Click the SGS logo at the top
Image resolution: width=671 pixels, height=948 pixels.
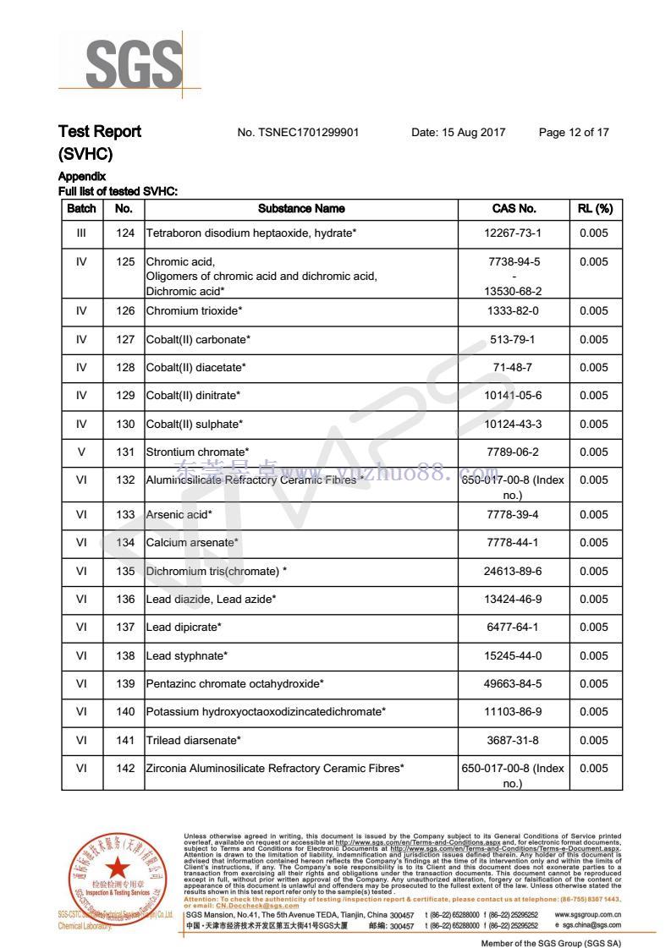click(134, 63)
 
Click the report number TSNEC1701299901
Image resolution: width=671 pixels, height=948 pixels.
click(298, 132)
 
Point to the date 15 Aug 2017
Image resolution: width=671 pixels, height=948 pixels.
click(458, 132)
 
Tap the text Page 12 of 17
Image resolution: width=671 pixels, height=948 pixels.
click(573, 132)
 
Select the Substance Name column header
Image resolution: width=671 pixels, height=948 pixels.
click(301, 209)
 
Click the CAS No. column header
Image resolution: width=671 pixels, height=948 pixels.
click(514, 209)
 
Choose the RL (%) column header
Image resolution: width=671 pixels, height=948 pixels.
click(594, 209)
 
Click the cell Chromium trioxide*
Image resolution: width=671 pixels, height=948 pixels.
click(194, 311)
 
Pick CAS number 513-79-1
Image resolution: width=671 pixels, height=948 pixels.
click(514, 340)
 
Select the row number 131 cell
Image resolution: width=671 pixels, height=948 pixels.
click(124, 452)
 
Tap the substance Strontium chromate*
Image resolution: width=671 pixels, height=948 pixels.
click(197, 452)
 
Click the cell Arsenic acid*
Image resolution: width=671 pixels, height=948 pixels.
click(179, 515)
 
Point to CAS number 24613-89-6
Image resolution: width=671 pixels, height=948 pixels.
click(514, 572)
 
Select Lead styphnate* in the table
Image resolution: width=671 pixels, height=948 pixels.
click(186, 656)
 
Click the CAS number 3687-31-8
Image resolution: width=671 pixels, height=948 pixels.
click(514, 741)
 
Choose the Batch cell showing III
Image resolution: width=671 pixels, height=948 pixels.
click(81, 233)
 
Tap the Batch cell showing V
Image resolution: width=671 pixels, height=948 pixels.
click(81, 452)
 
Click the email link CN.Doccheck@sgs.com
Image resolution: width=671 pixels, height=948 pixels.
click(246, 905)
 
